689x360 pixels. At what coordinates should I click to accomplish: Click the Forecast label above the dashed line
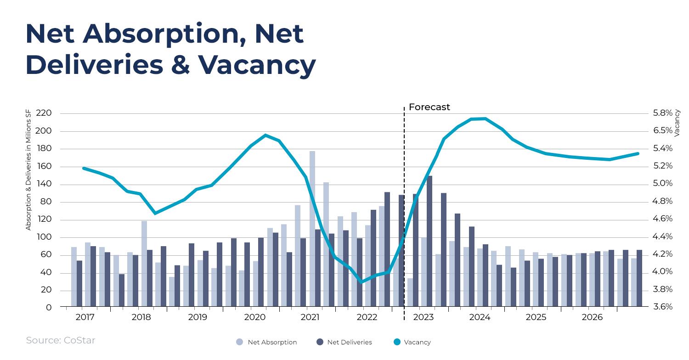tap(429, 107)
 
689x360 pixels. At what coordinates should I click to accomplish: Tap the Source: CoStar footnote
tap(60, 340)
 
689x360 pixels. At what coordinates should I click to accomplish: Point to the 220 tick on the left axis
tap(43, 113)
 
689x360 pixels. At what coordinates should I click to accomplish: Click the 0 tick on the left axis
tap(49, 307)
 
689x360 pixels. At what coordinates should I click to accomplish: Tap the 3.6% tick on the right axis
tap(662, 307)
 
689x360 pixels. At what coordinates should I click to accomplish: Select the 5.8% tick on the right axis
tap(662, 113)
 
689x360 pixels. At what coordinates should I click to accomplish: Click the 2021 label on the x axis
tap(310, 317)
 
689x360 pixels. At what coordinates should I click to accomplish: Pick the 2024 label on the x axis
tap(480, 317)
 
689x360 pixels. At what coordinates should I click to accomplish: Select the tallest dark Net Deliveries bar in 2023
tap(429, 241)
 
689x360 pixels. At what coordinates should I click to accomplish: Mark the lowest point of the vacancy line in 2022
tap(361, 282)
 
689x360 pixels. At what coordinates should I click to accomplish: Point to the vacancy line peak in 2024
tap(485, 118)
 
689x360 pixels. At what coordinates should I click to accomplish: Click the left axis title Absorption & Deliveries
tap(28, 170)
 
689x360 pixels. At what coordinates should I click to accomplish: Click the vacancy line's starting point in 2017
tap(84, 168)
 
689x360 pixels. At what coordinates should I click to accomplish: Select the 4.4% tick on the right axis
tap(662, 236)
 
